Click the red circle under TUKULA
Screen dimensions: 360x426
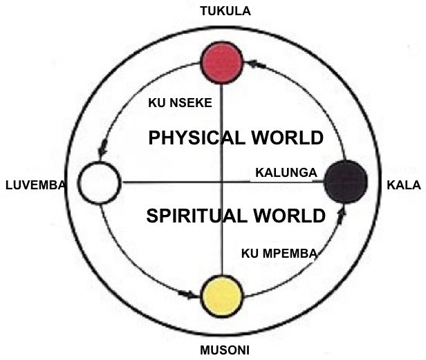coord(221,61)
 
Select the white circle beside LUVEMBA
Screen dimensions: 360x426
coord(100,183)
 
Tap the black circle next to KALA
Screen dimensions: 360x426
coord(346,181)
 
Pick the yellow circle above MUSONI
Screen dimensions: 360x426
coord(221,296)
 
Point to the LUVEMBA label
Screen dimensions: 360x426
coord(35,185)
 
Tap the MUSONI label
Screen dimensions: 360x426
coord(223,350)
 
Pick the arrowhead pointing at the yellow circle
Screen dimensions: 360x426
coord(192,294)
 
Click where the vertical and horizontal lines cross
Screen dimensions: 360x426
coord(221,182)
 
